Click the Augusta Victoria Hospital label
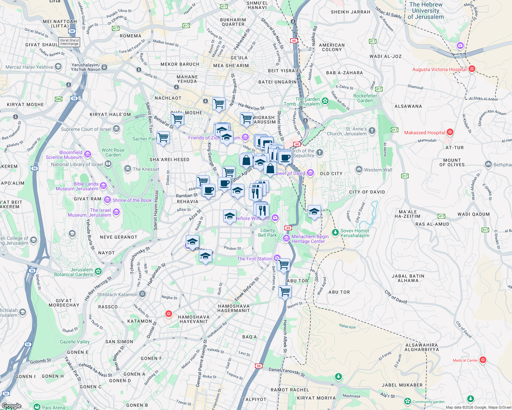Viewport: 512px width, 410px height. coord(439,69)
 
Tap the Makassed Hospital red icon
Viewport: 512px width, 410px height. coord(450,132)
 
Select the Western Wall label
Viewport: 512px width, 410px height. coord(378,170)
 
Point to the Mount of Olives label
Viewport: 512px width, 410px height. coord(452,162)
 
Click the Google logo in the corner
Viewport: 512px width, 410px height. coord(11,406)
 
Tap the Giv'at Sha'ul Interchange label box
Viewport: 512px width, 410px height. coord(69,42)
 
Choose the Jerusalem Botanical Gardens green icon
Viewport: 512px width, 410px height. coord(98,271)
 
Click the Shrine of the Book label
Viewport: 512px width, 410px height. coord(132,200)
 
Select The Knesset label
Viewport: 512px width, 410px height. coord(146,169)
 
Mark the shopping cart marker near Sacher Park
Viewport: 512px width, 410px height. coord(163,138)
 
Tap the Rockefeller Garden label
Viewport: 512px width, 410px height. coord(365,98)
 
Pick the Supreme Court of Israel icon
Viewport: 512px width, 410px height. coord(116,129)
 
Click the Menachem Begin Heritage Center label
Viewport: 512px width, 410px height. coord(310,239)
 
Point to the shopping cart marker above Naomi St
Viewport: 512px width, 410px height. coord(285,292)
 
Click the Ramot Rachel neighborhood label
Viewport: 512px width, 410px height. coord(290,390)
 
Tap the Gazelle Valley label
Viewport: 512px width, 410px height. coord(75,342)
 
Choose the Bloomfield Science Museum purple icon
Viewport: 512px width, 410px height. coord(88,155)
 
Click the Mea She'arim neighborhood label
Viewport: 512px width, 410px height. coord(231,66)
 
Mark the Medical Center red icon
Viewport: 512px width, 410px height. coord(483,360)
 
